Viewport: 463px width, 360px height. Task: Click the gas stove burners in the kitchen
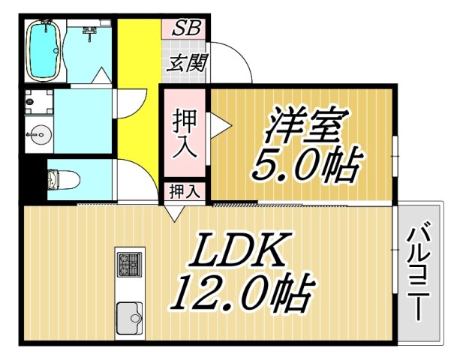pos(129,265)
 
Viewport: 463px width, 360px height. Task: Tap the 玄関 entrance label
pos(186,63)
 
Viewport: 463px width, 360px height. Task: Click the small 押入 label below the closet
pos(184,190)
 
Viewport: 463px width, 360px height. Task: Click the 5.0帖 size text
pos(306,166)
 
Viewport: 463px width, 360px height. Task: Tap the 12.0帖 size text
pos(239,295)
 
